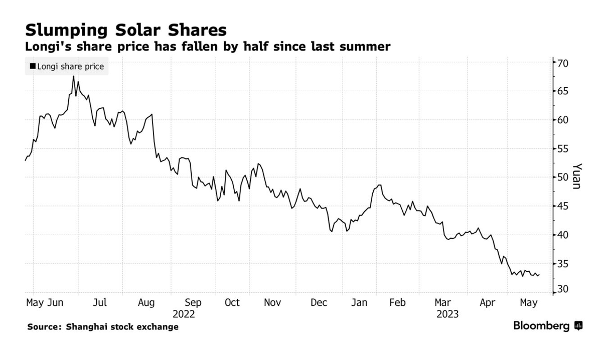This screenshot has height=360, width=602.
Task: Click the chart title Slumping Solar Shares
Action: pos(125,30)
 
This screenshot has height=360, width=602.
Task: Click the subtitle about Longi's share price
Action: pos(208,47)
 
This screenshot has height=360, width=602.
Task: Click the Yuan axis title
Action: pos(577,176)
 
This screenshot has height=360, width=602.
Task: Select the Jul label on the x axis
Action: pos(100,303)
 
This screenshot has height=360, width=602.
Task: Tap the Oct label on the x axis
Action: pos(232,303)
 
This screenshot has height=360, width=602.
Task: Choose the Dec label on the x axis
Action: pos(319,303)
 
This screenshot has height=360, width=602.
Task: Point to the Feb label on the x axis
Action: pos(397,303)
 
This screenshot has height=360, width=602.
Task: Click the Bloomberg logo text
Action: pos(541,326)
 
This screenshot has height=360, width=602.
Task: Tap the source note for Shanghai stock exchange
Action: pos(103,327)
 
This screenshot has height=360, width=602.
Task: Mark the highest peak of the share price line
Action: pos(73,76)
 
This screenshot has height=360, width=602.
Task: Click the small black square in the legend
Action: pos(33,66)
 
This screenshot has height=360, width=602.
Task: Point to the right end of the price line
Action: pos(539,275)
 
